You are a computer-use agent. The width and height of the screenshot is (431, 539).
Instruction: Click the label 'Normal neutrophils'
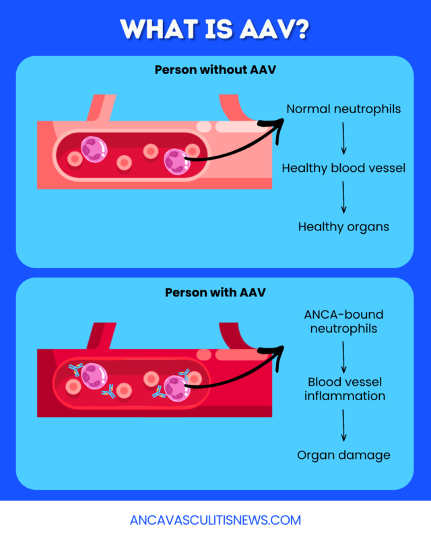point(343,109)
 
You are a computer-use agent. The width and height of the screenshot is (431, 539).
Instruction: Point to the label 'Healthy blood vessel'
point(343,168)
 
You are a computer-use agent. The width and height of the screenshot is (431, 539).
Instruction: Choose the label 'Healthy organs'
point(343,226)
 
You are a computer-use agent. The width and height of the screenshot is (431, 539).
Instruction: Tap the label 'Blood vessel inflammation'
point(344,389)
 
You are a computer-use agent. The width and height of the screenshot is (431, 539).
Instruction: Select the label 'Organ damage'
point(343,455)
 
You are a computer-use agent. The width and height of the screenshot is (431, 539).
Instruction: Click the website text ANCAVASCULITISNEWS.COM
point(215,520)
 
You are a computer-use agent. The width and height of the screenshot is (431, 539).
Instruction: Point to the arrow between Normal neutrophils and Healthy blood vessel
point(343,138)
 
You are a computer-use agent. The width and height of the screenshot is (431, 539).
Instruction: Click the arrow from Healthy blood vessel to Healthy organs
point(343,197)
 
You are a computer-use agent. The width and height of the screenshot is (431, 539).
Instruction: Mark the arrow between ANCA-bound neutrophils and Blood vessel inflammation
point(343,356)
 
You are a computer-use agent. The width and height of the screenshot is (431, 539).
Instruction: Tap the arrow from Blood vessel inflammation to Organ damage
point(343,424)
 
